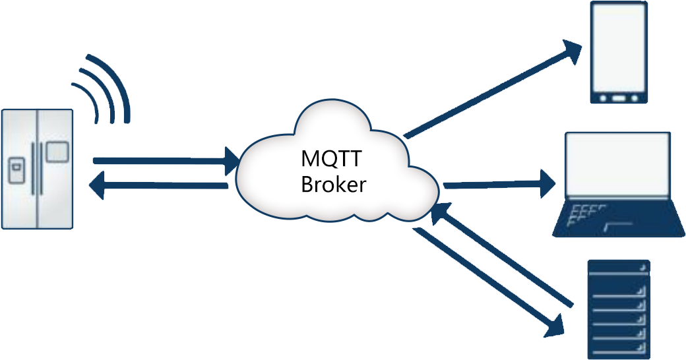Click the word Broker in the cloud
[x=333, y=185]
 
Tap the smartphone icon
[x=619, y=53]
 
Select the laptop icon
[x=617, y=185]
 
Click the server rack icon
[x=618, y=309]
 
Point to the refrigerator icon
[x=37, y=168]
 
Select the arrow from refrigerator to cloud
[x=165, y=160]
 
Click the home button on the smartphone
[x=619, y=98]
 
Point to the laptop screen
[x=617, y=165]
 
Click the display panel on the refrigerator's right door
[x=57, y=152]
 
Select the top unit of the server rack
[x=618, y=266]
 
